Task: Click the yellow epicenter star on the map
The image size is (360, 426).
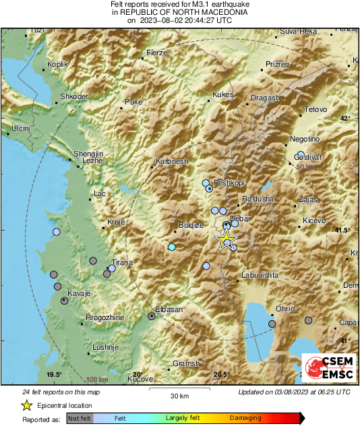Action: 226,241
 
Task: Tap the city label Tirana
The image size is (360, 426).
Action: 122,263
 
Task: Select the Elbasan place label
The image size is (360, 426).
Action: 169,309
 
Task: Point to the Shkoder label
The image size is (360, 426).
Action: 74,97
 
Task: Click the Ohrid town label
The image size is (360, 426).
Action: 285,309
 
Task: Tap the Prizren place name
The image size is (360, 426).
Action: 277,64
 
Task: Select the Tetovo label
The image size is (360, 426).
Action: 316,109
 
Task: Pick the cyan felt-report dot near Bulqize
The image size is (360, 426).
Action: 172,247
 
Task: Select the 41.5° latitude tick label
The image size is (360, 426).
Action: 343,231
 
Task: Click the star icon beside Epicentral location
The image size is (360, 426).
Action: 26,405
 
